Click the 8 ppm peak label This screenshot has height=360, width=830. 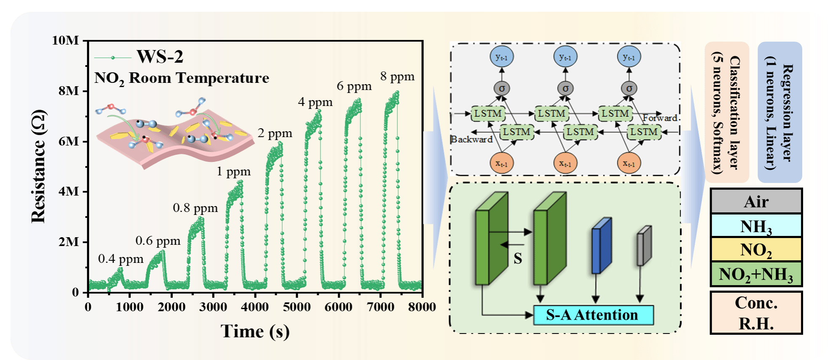click(397, 77)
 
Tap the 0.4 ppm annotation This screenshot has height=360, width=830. click(121, 259)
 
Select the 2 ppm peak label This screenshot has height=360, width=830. click(275, 133)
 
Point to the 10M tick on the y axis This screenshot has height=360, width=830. click(66, 40)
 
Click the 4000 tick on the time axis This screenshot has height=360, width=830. click(255, 307)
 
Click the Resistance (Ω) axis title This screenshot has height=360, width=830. click(39, 166)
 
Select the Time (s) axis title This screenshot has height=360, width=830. click(255, 331)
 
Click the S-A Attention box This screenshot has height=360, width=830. click(593, 315)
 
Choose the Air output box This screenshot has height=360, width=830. click(756, 201)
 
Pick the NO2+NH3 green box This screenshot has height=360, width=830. click(756, 274)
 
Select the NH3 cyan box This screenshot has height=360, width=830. click(756, 226)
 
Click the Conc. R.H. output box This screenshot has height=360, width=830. click(756, 313)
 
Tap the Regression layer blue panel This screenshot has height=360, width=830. click(780, 112)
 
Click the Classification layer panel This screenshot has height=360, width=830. click(727, 112)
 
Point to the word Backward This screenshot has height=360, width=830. click(471, 139)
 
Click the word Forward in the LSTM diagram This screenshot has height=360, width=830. click(660, 118)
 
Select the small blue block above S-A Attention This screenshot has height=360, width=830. click(601, 246)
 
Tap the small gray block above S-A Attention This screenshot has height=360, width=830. click(644, 246)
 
